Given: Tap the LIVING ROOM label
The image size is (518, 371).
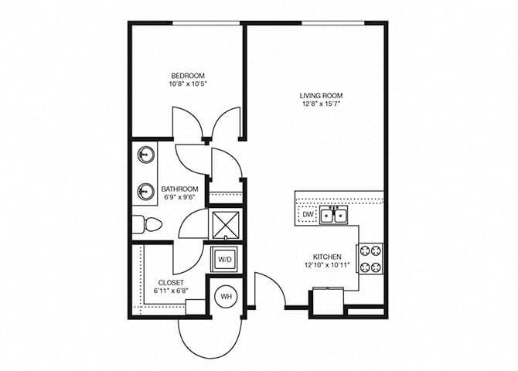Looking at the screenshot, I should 321,96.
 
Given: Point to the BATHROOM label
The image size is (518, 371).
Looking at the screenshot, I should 179,189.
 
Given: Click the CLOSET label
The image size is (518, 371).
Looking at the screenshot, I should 170,282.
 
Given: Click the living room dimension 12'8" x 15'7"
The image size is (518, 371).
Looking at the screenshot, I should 321,104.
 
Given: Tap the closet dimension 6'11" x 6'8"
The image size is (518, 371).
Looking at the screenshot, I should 171,291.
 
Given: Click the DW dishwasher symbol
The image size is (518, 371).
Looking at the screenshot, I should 307,215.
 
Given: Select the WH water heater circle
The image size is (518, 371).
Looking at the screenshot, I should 227,295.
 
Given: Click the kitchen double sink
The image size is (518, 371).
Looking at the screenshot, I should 335,215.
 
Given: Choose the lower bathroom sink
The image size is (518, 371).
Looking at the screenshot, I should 145,188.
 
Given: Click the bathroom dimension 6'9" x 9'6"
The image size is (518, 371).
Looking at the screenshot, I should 179,197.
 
